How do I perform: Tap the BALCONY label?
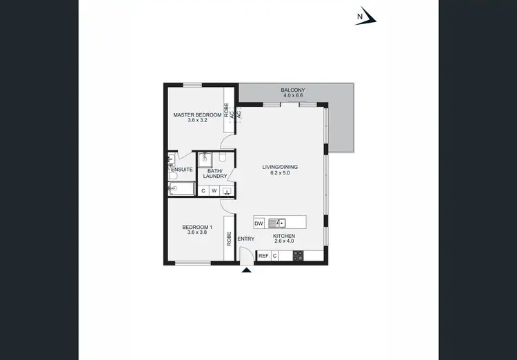[293, 90]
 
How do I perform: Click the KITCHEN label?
[284, 236]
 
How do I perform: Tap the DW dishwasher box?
[259, 223]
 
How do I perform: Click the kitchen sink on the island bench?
[276, 223]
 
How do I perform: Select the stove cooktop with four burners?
[298, 256]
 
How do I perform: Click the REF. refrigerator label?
[263, 256]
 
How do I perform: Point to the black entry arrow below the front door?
[247, 270]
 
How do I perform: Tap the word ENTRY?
[246, 239]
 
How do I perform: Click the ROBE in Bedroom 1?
[228, 239]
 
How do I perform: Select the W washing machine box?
[214, 191]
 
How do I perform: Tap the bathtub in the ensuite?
[181, 189]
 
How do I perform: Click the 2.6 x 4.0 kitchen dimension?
[284, 242]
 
